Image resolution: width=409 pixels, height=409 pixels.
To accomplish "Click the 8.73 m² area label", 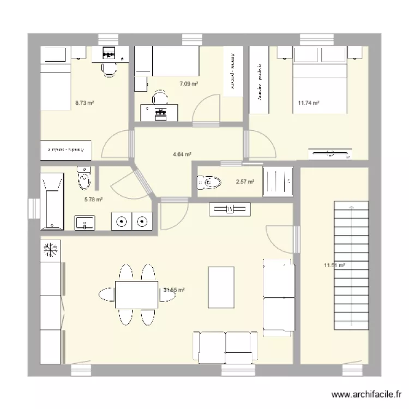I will [x=81, y=102].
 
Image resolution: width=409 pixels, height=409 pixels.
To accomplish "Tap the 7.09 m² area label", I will [x=189, y=83].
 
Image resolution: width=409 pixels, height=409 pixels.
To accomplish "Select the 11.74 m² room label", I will [x=309, y=102].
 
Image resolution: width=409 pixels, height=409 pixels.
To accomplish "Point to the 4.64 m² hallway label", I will [x=182, y=154].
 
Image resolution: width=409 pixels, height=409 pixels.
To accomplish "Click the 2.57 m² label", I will [x=245, y=182].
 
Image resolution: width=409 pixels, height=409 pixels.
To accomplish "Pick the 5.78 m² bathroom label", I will [x=93, y=200].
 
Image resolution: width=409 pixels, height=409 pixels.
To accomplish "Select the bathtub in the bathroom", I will [x=53, y=201].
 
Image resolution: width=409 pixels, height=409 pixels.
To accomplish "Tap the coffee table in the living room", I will [x=221, y=287].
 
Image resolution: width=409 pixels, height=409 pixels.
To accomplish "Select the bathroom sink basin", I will [x=85, y=222].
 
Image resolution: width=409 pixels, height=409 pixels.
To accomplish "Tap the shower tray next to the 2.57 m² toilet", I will [x=279, y=182].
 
